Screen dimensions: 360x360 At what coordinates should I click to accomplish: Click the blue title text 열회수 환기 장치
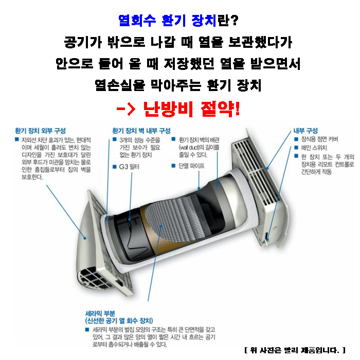tap(167, 21)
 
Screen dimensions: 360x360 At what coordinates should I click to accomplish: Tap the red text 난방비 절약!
tap(191, 109)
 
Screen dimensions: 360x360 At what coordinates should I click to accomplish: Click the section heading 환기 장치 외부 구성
tap(40, 131)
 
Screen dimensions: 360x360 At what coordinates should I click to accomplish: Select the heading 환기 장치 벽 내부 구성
tap(141, 131)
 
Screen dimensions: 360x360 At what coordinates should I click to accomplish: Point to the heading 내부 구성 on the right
tap(305, 131)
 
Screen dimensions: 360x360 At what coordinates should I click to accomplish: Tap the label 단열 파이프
tap(191, 166)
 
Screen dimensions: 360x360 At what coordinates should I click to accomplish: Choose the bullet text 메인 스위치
tap(314, 148)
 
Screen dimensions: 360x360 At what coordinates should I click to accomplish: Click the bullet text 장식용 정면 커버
tap(319, 139)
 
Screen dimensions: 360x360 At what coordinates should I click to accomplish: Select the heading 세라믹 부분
tap(100, 313)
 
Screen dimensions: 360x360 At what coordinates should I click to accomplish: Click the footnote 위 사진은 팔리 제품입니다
tap(295, 350)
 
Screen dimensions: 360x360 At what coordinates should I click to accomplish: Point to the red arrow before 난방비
tap(126, 109)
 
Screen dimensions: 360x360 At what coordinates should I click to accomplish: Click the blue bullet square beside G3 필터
tap(115, 167)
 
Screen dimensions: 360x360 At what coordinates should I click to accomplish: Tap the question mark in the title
tap(234, 21)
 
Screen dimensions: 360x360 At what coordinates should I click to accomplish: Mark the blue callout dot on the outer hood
tap(85, 238)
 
